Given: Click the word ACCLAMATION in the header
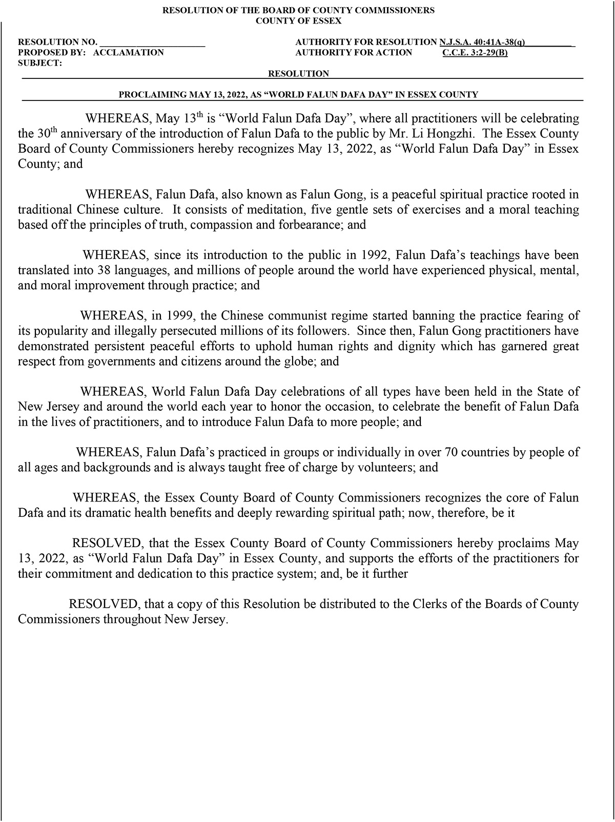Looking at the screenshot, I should click(129, 52).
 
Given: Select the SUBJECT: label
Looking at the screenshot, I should click(40, 63).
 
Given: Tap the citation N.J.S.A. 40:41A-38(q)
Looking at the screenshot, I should click(482, 42).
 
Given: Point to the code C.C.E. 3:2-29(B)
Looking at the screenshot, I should click(475, 52).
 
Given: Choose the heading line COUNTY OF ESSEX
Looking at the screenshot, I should click(298, 21).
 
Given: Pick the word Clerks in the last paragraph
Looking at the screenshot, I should click(426, 604).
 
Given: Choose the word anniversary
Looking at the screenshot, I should click(90, 134).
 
